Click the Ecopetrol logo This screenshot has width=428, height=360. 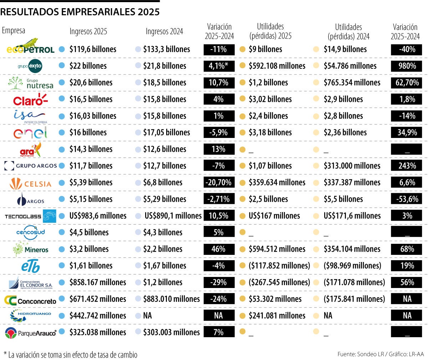pyautogui.click(x=31, y=47)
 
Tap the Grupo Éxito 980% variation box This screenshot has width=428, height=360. pyautogui.click(x=406, y=66)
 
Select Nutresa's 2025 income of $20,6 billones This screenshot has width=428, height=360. pyautogui.click(x=91, y=83)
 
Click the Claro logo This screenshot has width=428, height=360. pyautogui.click(x=30, y=99)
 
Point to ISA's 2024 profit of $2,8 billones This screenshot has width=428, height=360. pyautogui.click(x=343, y=116)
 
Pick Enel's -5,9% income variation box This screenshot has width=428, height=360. pyautogui.click(x=219, y=133)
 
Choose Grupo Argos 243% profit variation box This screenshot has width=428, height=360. pyautogui.click(x=406, y=166)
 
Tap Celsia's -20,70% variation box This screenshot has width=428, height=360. pyautogui.click(x=219, y=182)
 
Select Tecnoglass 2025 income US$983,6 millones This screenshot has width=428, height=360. pyautogui.click(x=98, y=216)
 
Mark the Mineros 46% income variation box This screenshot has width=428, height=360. pyautogui.click(x=219, y=249)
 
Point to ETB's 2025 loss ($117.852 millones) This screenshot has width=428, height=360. pyautogui.click(x=279, y=266)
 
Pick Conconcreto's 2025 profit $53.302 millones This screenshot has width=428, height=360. pyautogui.click(x=275, y=299)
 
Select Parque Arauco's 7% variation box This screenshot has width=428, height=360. pyautogui.click(x=219, y=332)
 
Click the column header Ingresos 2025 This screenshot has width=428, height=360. pyautogui.click(x=88, y=31)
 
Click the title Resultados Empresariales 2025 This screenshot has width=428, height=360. pyautogui.click(x=80, y=12)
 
